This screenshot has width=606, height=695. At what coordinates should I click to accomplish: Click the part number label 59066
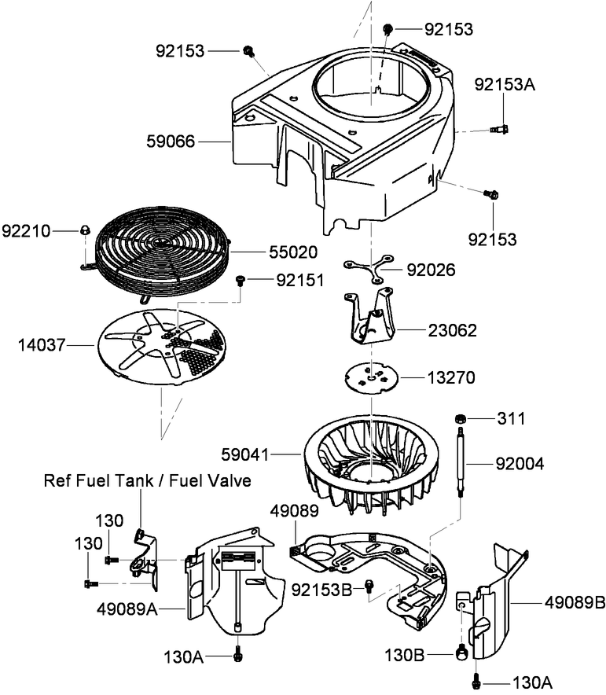click(171, 142)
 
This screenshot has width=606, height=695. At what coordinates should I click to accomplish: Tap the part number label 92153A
click(503, 84)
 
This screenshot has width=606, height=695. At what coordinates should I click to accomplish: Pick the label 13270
click(450, 377)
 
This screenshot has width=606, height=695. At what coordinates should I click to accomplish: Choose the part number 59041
click(244, 454)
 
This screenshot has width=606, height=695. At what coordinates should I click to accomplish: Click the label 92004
click(520, 465)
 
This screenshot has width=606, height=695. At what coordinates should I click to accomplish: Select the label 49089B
click(575, 603)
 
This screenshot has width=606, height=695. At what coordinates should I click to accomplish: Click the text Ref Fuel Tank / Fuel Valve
click(148, 480)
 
